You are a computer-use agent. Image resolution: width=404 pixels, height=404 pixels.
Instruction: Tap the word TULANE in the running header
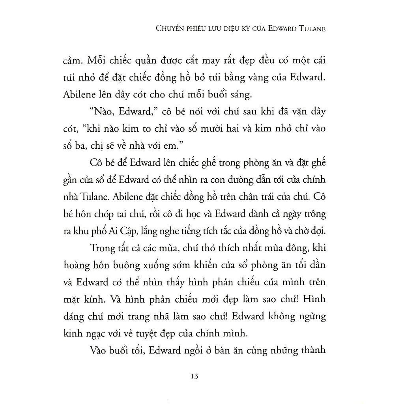click(x=311, y=29)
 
